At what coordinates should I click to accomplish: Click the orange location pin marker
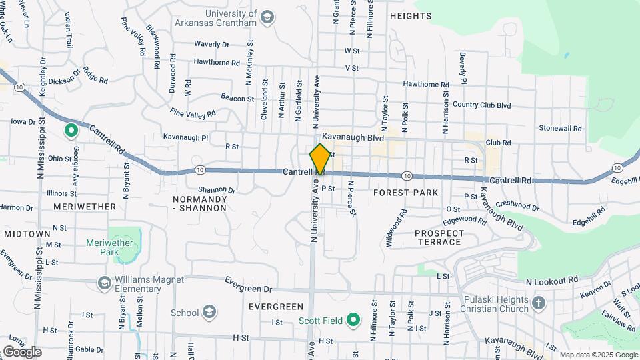pyautogui.click(x=320, y=159)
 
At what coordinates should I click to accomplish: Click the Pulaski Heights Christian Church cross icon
pyautogui.click(x=539, y=304)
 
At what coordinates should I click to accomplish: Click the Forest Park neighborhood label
pyautogui.click(x=405, y=193)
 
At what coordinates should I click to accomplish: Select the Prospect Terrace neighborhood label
pyautogui.click(x=438, y=237)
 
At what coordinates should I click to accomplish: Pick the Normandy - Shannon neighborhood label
pyautogui.click(x=200, y=203)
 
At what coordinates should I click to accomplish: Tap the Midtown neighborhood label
pyautogui.click(x=27, y=234)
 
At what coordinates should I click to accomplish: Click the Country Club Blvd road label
pyautogui.click(x=481, y=105)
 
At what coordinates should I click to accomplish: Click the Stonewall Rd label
pyautogui.click(x=561, y=128)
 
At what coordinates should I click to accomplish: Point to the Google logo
pyautogui.click(x=22, y=351)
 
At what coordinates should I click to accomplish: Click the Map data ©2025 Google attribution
pyautogui.click(x=599, y=355)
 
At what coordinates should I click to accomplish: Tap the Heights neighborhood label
pyautogui.click(x=411, y=16)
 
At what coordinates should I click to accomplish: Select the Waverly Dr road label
pyautogui.click(x=211, y=44)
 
